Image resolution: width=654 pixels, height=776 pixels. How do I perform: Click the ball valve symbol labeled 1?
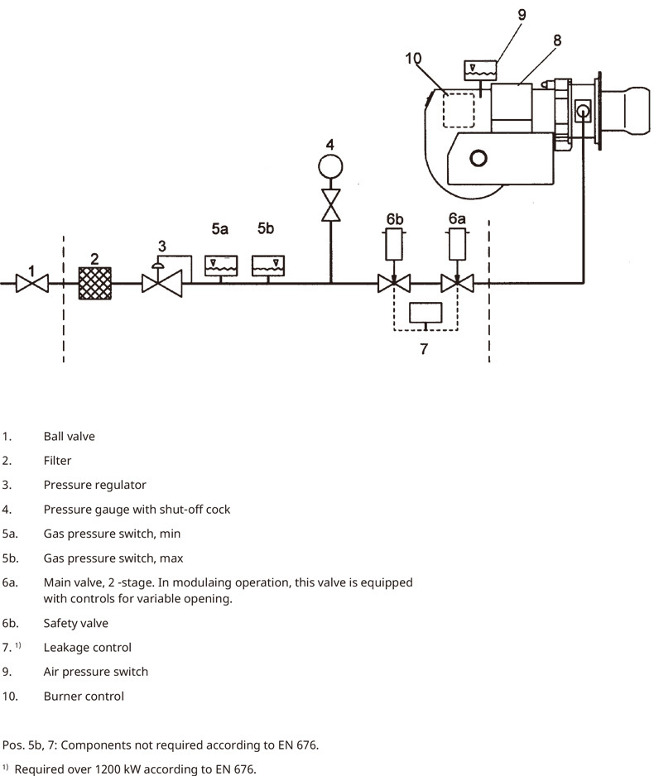coord(31,284)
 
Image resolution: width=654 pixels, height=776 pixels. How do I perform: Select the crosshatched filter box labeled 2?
coord(95,284)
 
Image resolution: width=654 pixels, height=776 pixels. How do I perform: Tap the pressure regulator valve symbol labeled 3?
coord(161,284)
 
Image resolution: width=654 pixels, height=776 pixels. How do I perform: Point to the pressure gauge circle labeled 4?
coord(330,167)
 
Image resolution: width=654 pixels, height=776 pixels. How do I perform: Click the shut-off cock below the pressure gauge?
coord(330,205)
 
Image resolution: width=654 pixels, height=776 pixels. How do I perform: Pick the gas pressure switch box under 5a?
coord(221,266)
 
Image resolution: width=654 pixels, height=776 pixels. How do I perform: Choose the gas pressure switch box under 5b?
coord(268,266)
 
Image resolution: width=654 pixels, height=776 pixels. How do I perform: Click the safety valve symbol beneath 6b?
coord(394,284)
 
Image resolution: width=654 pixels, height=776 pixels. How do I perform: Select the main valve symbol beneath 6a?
coord(457,284)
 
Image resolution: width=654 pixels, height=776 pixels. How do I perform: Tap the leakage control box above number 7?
coord(426,312)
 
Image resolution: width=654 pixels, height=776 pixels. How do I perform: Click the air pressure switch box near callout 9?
coord(480,70)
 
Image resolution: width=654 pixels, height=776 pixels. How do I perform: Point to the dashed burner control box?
coord(459,110)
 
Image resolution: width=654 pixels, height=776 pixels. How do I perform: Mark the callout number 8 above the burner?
coord(557,40)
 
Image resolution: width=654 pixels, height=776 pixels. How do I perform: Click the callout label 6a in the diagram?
coord(457,218)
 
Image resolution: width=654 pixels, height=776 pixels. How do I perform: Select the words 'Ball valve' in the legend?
coord(70,437)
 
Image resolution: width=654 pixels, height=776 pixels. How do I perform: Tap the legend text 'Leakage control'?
coord(88,647)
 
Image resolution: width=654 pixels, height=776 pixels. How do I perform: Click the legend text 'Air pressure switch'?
coord(96,672)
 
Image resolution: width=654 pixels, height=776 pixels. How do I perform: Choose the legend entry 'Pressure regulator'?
coord(95,485)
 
